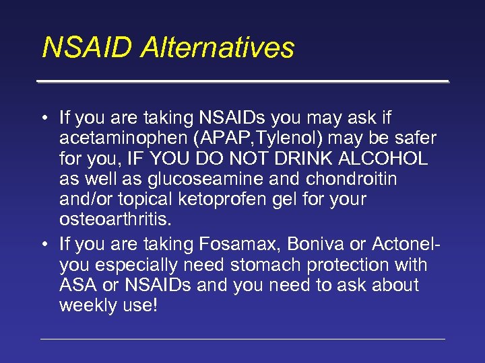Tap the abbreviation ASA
77,284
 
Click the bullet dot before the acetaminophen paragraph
43,119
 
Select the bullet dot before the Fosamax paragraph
43,245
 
